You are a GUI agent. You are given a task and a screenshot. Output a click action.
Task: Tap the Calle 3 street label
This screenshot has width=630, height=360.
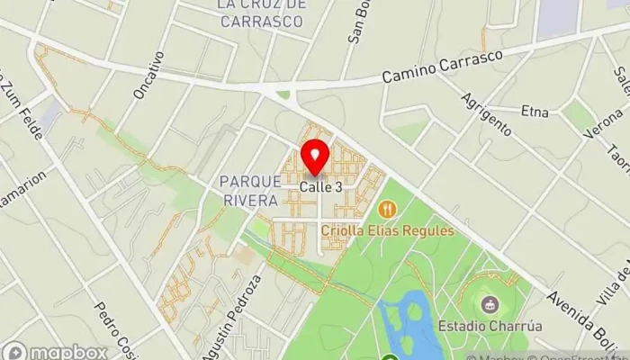[x=321, y=187]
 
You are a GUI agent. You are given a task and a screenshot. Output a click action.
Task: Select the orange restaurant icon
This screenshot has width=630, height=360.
[x=388, y=210]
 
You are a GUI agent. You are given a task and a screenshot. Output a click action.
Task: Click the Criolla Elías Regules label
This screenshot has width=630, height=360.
[x=388, y=230]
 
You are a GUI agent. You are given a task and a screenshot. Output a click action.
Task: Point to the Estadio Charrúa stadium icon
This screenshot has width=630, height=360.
[x=490, y=304]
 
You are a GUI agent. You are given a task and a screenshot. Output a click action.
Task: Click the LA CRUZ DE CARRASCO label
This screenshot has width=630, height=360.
[x=262, y=13]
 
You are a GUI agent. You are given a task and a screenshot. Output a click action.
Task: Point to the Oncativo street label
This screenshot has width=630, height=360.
[x=148, y=75]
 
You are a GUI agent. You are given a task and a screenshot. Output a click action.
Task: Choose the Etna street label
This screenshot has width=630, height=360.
[x=535, y=112]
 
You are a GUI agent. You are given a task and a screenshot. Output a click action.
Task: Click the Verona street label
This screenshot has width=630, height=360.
[x=605, y=128]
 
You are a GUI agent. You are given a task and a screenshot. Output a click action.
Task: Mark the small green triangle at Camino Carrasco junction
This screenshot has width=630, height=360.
[x=284, y=94]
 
